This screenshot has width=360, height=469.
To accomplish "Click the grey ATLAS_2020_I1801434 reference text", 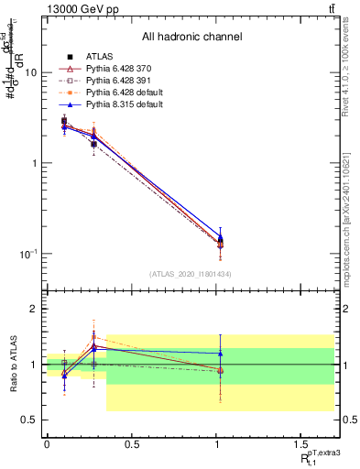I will click(x=191, y=274).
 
